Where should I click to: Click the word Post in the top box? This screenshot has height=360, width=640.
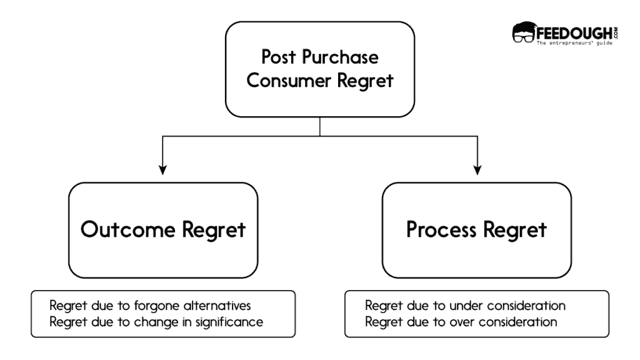pos(278,58)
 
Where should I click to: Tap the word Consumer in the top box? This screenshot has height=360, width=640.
pos(291,81)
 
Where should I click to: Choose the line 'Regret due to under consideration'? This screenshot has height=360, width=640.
pos(465,306)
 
